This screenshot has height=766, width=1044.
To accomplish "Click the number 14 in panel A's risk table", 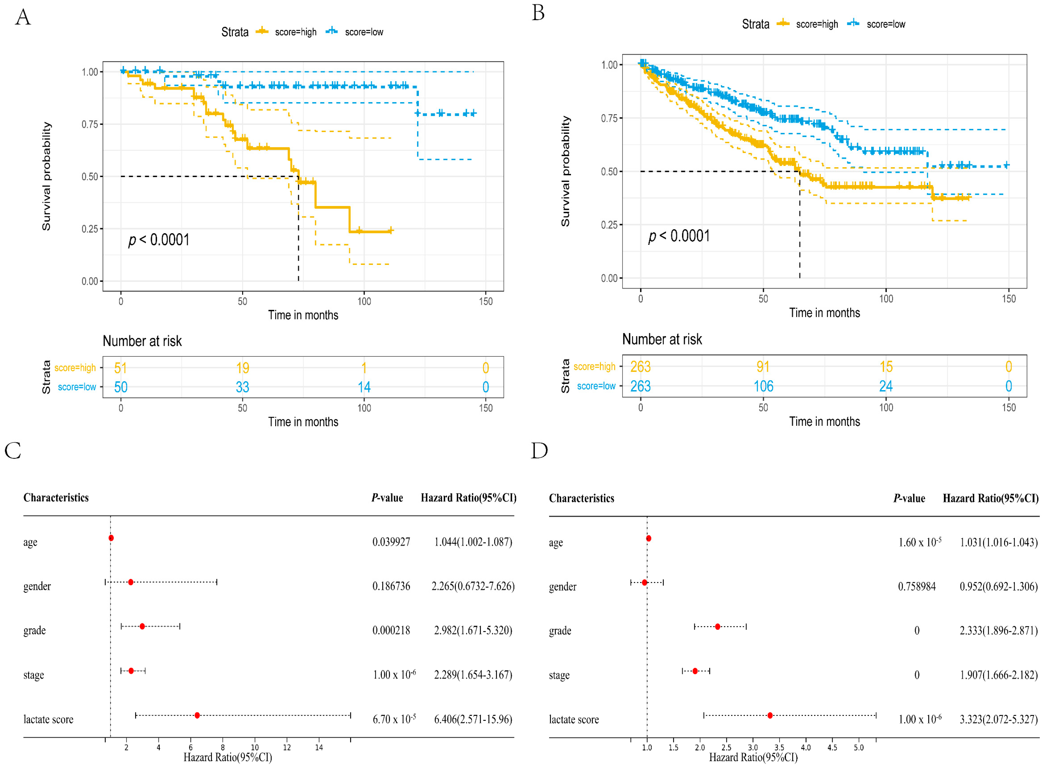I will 364,387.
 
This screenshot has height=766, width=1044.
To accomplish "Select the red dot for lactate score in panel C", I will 198,715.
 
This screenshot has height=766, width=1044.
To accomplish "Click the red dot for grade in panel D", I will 717,627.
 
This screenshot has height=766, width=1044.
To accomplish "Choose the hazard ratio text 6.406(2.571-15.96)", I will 473,719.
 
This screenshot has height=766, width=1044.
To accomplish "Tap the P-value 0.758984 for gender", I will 917,587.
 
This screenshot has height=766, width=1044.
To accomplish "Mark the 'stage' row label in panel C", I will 34,675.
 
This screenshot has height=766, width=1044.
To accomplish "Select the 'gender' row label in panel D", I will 563,587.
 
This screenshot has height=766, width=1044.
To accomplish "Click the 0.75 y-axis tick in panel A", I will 90,124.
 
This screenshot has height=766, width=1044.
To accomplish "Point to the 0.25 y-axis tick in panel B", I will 609,225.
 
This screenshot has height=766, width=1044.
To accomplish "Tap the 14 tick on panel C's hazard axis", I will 319,747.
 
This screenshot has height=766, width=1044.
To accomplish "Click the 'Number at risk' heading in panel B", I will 662,339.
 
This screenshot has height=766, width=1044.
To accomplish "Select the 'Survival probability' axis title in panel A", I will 46,176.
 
